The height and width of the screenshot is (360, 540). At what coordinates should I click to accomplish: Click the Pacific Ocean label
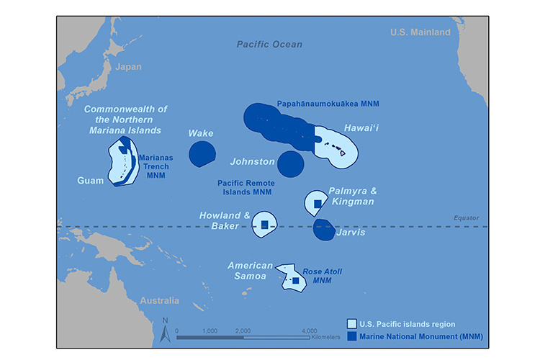tap(269, 45)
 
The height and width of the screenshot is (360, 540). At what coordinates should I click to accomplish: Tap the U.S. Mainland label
tap(420, 32)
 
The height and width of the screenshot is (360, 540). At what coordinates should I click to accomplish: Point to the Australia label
tap(160, 300)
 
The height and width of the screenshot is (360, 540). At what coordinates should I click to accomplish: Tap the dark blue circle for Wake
tap(202, 153)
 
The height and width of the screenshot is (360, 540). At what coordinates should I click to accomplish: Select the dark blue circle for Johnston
tap(291, 163)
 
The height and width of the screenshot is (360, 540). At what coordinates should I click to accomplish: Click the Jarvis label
tap(351, 233)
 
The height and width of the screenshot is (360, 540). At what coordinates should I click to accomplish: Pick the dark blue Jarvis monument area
tap(323, 230)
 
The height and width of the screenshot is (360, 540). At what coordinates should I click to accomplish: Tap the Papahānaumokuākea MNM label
tap(328, 104)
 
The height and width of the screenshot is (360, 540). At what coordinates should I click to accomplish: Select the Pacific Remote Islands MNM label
tap(246, 188)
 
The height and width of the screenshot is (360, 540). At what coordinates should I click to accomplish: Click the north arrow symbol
tap(165, 331)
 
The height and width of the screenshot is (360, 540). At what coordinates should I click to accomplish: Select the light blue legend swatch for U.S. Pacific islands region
tap(352, 323)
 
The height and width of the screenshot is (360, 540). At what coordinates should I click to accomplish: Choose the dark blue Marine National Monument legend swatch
tap(352, 336)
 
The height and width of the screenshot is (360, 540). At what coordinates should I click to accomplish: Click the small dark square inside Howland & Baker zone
tap(264, 225)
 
